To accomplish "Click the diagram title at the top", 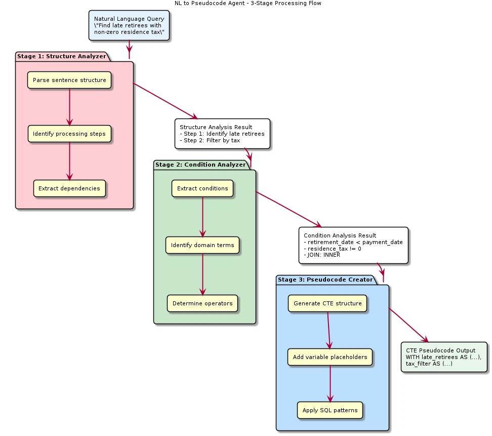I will [x=248, y=3].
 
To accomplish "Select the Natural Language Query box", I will [x=129, y=25].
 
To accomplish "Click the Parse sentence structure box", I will [x=69, y=80].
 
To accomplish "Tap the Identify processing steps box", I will [x=69, y=134].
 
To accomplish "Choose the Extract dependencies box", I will [x=69, y=188].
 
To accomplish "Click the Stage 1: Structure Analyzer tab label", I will [x=62, y=56].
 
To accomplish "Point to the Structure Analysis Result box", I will [x=222, y=134].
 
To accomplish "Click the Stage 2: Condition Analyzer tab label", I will [x=200, y=165].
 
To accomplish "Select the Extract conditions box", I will [x=202, y=188].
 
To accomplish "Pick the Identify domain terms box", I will [x=202, y=246].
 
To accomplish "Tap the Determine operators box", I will [x=202, y=304].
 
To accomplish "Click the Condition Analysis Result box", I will [x=353, y=245].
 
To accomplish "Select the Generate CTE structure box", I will [x=327, y=304].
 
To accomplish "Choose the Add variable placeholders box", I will [x=330, y=357].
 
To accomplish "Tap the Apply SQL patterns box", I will [x=330, y=410].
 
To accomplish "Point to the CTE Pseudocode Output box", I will [x=444, y=357].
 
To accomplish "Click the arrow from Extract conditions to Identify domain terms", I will [x=202, y=217].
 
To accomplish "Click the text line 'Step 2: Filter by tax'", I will [x=210, y=140].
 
